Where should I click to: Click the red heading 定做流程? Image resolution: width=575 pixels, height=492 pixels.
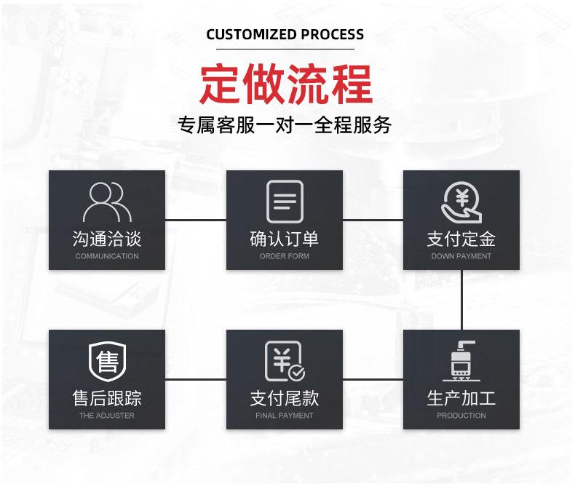[286, 84]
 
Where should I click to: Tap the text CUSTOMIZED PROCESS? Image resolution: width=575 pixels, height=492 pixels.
[285, 34]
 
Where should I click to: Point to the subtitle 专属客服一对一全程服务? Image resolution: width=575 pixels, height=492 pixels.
[285, 125]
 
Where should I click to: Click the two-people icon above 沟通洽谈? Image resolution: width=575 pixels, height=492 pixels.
[107, 202]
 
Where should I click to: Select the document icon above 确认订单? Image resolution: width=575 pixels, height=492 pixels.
[285, 201]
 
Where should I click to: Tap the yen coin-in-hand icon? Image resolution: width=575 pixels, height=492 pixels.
[461, 202]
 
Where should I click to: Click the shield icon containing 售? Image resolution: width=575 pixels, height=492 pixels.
[107, 361]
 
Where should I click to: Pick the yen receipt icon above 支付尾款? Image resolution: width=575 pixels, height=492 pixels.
[285, 361]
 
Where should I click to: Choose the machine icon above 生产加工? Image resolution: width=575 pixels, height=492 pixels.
[461, 361]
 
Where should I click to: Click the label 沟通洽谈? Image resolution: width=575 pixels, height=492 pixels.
[107, 239]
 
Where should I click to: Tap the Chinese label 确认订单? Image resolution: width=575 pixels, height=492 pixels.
[285, 239]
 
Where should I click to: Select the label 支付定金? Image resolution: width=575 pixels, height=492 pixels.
[461, 239]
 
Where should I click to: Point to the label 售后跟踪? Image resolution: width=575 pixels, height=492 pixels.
[107, 398]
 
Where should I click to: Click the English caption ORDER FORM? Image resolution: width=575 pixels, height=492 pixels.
[285, 256]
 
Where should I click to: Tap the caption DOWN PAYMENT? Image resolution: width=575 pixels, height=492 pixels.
[461, 256]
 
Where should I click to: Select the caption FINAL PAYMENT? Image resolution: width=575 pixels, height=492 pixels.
[285, 416]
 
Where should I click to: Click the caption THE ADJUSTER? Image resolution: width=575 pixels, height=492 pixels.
[107, 416]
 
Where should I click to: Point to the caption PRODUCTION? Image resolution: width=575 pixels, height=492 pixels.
[461, 416]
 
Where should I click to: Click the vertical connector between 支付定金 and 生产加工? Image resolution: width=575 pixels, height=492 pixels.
[461, 299]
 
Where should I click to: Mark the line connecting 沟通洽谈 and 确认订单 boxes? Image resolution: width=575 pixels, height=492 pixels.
[196, 219]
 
